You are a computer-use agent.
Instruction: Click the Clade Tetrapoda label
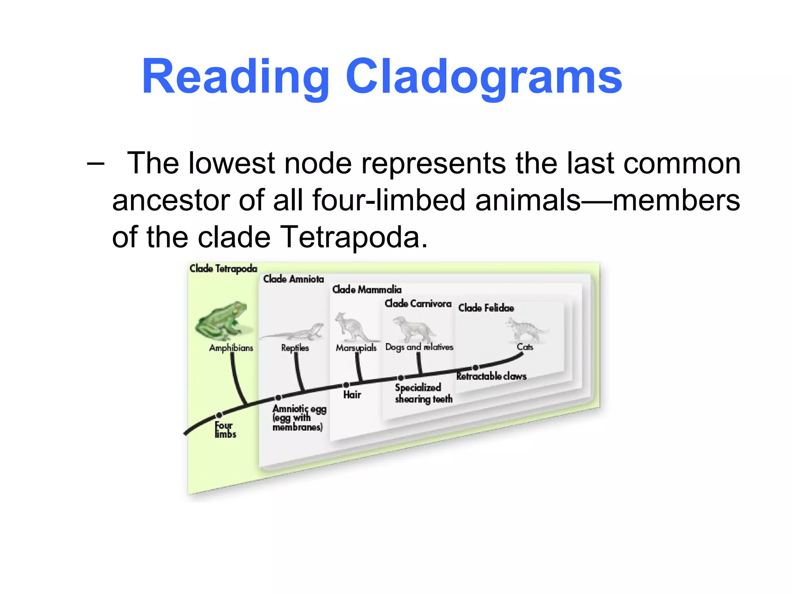pos(223,268)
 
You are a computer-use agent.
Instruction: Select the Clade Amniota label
pos(294,279)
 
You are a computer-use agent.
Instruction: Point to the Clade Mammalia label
pos(367,289)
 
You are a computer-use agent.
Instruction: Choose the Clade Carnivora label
pos(418,304)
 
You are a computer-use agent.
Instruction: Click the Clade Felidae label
pos(486,308)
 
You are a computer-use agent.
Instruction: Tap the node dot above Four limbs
pos(219,415)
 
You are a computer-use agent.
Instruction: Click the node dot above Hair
pos(346,385)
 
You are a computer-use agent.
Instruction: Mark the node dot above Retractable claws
pos(475,367)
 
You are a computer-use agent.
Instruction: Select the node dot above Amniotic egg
pos(278,398)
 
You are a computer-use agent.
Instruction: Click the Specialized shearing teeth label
pos(423,393)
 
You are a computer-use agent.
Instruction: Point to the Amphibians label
pos(231,348)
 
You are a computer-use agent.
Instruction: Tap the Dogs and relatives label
pos(419,347)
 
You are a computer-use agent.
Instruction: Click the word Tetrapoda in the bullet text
pos(350,237)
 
